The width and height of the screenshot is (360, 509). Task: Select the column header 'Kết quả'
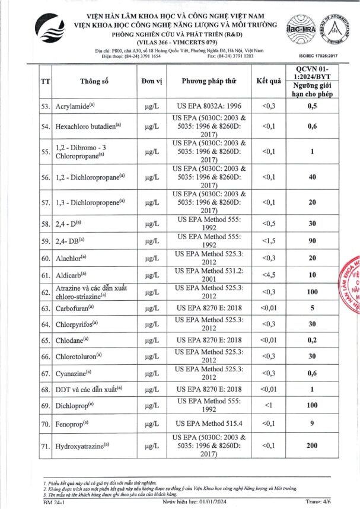[x=268, y=80]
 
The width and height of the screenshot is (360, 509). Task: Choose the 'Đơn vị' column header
[x=152, y=80]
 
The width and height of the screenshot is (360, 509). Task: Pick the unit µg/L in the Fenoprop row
[x=152, y=424]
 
